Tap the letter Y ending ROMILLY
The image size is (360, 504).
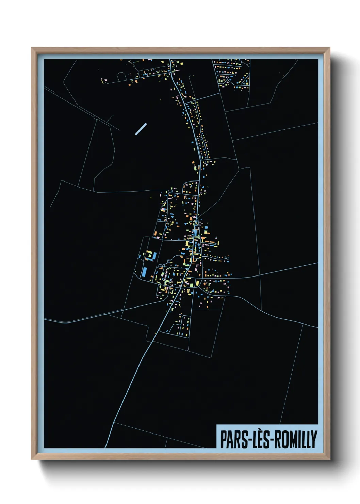pyautogui.click(x=314, y=440)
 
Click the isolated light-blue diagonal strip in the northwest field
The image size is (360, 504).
pyautogui.click(x=141, y=129)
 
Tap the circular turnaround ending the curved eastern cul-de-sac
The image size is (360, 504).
pyautogui.click(x=227, y=259)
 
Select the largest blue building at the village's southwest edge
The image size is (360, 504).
pyautogui.click(x=144, y=272)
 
